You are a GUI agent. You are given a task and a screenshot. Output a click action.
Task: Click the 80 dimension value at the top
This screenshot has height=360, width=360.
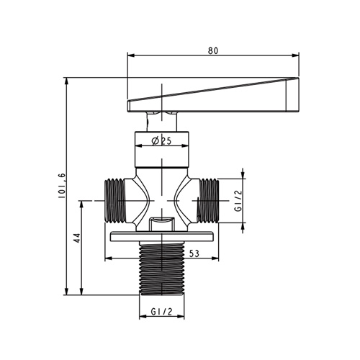pos(213,50)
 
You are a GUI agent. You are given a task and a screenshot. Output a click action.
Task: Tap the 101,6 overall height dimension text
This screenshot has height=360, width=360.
pos(62,185)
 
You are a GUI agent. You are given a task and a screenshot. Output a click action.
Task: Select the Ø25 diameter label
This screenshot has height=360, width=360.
pos(161,141)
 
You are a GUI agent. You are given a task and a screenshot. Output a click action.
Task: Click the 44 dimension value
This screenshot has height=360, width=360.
pos(78,238)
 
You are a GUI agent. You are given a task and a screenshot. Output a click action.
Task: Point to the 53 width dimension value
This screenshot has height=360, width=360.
pos(194,253)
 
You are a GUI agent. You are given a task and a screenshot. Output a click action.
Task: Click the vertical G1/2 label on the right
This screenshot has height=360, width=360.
pos(239,201)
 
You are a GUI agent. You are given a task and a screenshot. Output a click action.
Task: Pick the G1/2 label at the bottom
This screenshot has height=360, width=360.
pos(162,312)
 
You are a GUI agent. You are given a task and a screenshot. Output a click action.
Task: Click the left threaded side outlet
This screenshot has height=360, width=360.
pos(115,201)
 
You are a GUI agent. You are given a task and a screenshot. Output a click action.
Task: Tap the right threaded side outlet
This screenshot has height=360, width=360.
pos(208,201)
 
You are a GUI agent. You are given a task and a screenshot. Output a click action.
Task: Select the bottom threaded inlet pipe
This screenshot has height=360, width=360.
pos(162,269)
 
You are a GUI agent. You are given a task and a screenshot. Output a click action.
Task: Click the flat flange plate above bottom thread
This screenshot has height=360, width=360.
pos(162,236)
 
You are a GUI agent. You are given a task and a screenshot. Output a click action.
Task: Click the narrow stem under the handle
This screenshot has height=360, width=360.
pos(162,122)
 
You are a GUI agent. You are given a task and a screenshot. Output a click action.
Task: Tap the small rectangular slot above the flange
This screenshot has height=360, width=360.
pos(161,223)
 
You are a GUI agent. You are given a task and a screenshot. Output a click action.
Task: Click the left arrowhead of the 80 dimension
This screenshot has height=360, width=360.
pos(130,55)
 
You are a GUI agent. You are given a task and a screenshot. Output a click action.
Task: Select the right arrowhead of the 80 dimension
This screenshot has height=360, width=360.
pos(296,55)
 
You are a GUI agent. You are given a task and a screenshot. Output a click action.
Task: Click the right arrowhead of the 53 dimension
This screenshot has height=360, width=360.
pos(215,258)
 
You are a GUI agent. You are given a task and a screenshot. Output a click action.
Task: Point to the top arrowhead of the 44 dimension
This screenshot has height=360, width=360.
pos(82,204)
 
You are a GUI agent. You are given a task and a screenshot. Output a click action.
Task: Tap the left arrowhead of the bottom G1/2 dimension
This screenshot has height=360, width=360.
pos(143,317)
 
